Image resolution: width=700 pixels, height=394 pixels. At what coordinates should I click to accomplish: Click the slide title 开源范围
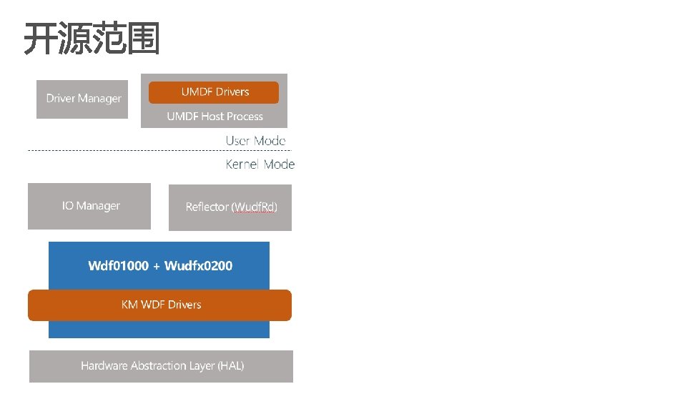pos(92,39)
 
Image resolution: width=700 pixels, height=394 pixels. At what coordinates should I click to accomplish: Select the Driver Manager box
pos(83,99)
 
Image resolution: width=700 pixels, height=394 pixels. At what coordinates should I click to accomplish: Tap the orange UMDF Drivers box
pos(214,92)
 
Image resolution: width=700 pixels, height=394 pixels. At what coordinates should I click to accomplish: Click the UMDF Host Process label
pos(215,117)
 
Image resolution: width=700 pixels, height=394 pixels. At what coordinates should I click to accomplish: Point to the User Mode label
pos(255,141)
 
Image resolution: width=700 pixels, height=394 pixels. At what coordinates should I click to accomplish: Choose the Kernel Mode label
pos(260,164)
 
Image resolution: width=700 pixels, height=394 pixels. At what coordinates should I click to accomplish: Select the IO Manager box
pos(89,206)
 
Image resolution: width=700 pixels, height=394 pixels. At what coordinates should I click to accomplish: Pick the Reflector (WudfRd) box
pos(230,207)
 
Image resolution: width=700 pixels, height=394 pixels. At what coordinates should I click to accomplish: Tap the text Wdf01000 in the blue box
pos(118,266)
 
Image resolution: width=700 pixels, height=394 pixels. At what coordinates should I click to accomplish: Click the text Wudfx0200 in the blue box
pos(198,266)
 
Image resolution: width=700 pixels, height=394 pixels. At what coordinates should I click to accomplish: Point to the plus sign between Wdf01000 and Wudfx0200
pos(157,266)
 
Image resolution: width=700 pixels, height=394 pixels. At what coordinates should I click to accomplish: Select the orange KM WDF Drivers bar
pos(159,305)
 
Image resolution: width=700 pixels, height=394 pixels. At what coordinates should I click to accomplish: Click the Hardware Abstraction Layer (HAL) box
pos(162,366)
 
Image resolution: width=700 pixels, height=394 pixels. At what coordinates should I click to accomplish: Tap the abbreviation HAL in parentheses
pos(230,366)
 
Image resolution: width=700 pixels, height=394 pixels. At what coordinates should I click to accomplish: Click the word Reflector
pos(207,207)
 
